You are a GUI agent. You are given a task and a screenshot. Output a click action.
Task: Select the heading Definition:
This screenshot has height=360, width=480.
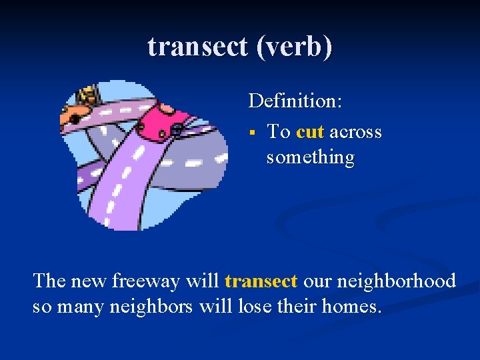click(295, 101)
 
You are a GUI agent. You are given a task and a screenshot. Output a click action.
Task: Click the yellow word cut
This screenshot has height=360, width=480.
click(310, 132)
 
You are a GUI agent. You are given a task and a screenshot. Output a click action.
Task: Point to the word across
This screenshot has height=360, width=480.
click(355, 132)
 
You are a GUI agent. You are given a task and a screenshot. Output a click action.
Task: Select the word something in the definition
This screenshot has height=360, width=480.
click(310, 157)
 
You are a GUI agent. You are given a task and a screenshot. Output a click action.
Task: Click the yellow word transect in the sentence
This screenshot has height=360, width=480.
click(261, 281)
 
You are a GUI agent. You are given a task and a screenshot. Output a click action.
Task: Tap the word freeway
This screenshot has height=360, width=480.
click(146, 281)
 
